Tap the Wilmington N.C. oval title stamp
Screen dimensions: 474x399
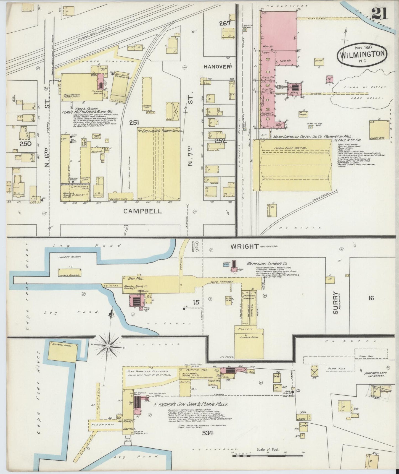(x=361, y=54)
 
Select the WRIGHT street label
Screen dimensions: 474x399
(x=245, y=246)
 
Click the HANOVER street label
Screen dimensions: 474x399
(x=217, y=67)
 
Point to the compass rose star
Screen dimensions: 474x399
(x=108, y=346)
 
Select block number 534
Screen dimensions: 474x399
(x=207, y=433)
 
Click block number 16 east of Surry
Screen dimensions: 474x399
(x=371, y=298)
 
